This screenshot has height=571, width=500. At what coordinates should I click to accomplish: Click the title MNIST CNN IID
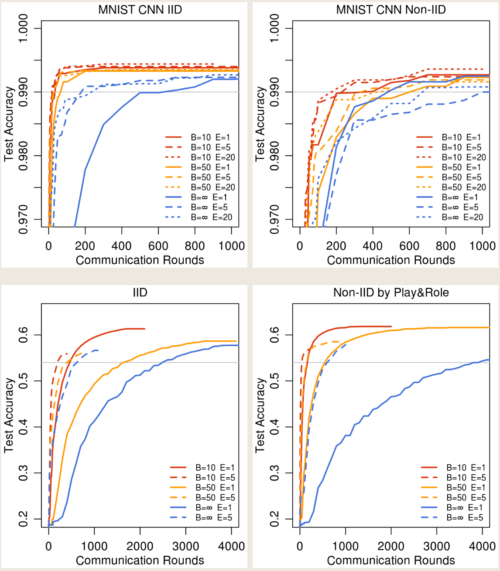click(x=140, y=10)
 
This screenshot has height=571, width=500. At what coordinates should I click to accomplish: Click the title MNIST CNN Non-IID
click(x=391, y=10)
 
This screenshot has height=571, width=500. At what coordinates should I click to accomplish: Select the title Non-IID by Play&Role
click(x=391, y=292)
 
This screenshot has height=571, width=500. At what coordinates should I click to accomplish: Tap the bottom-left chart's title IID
click(x=140, y=292)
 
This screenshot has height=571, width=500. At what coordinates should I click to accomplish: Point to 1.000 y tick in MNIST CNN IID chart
click(x=23, y=29)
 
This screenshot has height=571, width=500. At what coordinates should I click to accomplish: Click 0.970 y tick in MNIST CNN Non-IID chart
click(x=274, y=219)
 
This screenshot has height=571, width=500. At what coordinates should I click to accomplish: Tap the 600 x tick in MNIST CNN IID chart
click(x=158, y=246)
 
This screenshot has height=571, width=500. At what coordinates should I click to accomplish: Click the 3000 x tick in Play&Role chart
click(x=437, y=547)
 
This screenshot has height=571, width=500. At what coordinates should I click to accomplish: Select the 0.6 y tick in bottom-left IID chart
click(x=23, y=335)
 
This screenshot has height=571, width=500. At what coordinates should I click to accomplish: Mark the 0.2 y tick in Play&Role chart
click(x=274, y=519)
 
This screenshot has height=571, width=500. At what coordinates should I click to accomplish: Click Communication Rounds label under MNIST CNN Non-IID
click(x=391, y=260)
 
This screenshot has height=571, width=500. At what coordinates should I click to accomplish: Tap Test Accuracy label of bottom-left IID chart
click(x=9, y=415)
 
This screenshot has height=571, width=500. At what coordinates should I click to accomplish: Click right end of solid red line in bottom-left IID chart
click(x=144, y=329)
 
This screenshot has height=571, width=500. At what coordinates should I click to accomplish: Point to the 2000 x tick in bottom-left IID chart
click(x=140, y=547)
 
